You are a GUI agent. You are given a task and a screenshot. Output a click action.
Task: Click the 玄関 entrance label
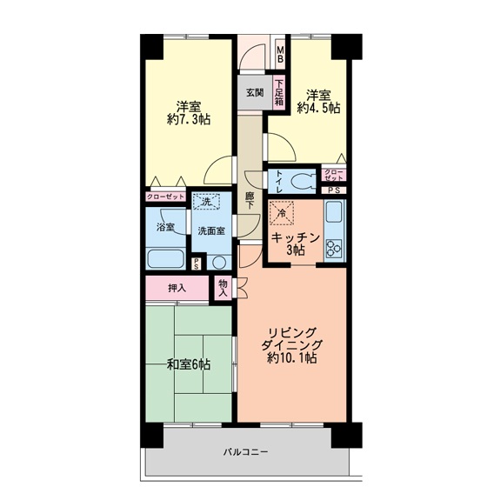(254, 91)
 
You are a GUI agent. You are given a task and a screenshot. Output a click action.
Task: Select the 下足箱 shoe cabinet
(279, 93)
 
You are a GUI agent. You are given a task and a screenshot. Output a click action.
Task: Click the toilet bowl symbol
(302, 181)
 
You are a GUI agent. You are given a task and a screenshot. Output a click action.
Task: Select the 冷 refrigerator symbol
(283, 212)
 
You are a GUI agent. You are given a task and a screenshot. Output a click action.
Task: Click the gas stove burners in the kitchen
(333, 248)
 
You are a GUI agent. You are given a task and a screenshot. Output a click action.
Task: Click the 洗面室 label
(211, 231)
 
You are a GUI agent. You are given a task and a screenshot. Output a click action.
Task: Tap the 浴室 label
(165, 227)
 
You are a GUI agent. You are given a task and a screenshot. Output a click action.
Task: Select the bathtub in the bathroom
(166, 258)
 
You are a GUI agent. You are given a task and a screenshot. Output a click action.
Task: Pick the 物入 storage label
(223, 288)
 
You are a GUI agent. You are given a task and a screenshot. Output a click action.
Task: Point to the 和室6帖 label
(189, 364)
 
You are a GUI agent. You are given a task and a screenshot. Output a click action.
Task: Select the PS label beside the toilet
(334, 190)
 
